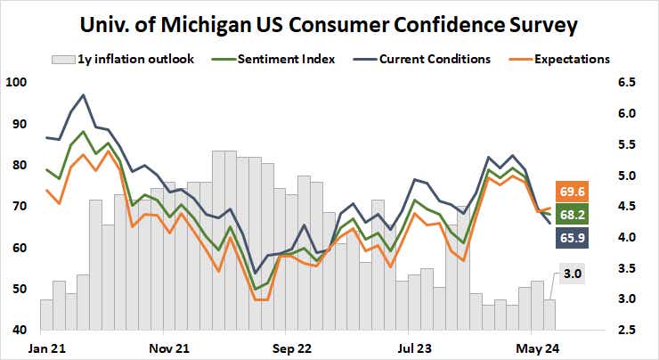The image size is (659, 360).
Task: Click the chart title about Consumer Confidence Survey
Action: point(329,23)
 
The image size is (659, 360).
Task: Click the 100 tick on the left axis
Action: point(17,83)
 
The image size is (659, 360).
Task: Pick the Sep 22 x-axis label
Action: point(292,347)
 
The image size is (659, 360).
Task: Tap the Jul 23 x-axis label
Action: point(415,347)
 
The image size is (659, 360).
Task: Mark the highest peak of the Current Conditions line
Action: point(83,94)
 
